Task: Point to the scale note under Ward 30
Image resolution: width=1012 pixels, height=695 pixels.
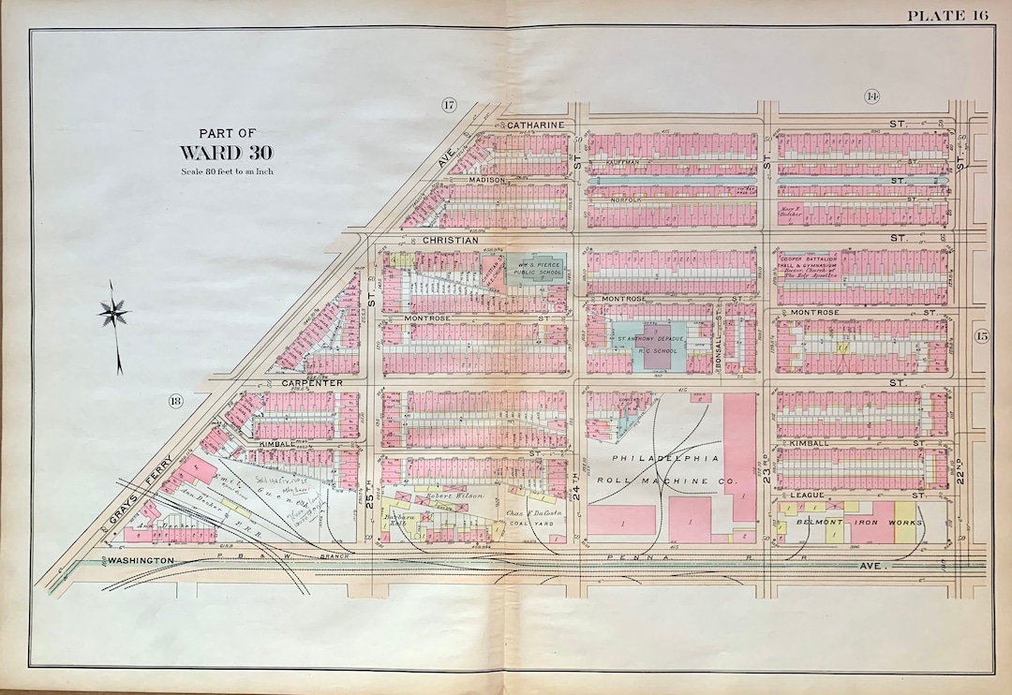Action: pos(228,171)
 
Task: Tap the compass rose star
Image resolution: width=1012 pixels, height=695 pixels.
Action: pos(113,312)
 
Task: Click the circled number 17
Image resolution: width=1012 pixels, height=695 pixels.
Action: pos(449,105)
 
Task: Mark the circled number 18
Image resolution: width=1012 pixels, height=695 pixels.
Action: pos(175,402)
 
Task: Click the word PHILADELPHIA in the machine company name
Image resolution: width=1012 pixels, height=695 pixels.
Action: pos(665,458)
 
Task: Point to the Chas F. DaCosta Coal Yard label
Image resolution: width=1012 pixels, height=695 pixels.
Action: pos(531,518)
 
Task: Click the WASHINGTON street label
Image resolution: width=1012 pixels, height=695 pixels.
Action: pos(142,559)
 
